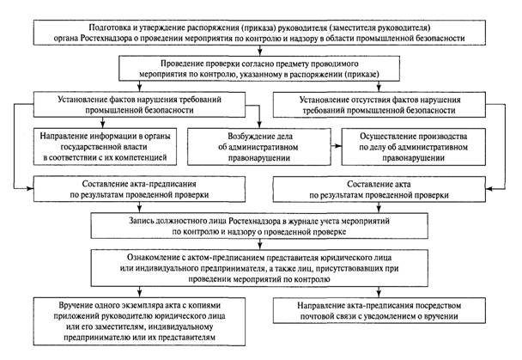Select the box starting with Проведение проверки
(x=259, y=68)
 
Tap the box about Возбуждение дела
(x=259, y=147)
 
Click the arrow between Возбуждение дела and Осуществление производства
(x=337, y=146)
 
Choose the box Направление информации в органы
(x=105, y=147)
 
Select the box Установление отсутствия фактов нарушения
(x=379, y=105)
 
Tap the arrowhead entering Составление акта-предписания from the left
(x=30, y=188)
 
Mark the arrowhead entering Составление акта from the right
(x=489, y=189)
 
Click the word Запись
(x=140, y=221)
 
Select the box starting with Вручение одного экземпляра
(x=139, y=321)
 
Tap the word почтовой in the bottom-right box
(x=317, y=316)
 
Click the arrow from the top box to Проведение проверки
(x=260, y=51)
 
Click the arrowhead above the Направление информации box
(x=103, y=125)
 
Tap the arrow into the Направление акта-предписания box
(x=379, y=292)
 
